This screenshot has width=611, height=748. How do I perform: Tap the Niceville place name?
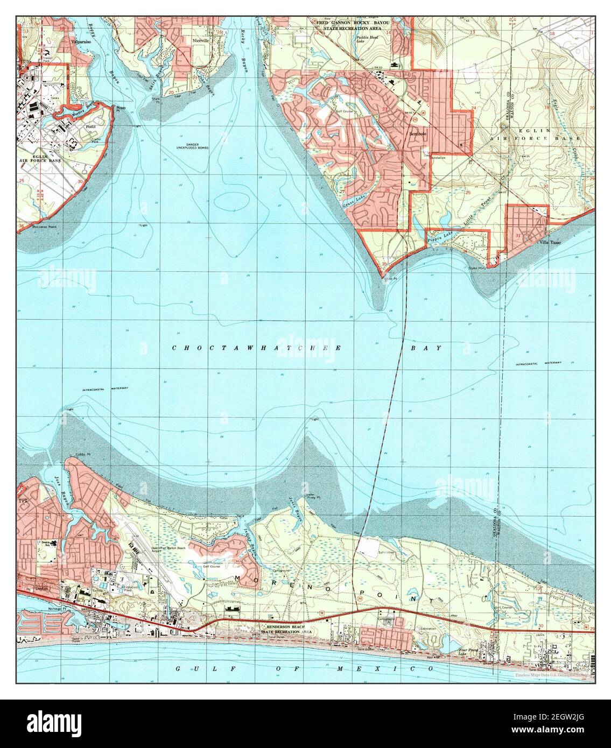click(200, 41)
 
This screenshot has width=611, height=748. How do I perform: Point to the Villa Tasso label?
click(550, 243)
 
